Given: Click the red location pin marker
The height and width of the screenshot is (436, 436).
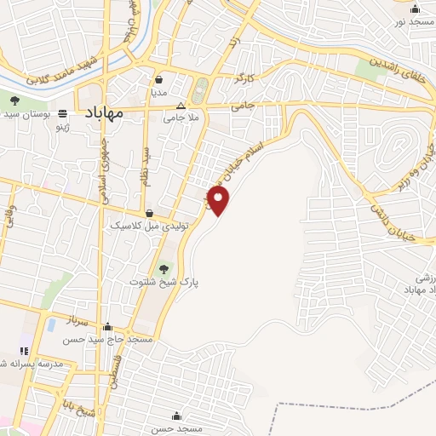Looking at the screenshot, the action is [219, 200].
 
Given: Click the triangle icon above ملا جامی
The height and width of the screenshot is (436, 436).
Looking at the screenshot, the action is [192, 106].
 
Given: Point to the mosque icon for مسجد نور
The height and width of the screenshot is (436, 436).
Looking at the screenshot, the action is [415, 10].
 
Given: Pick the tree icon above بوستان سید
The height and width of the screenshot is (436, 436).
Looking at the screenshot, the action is [14, 100].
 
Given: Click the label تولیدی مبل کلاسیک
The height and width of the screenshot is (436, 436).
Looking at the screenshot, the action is [149, 227].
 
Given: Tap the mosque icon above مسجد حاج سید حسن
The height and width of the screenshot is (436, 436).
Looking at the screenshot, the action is [106, 326].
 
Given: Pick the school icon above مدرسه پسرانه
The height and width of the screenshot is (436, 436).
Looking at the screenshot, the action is [24, 350].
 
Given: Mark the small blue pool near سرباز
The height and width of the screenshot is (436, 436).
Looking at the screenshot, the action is [51, 324].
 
